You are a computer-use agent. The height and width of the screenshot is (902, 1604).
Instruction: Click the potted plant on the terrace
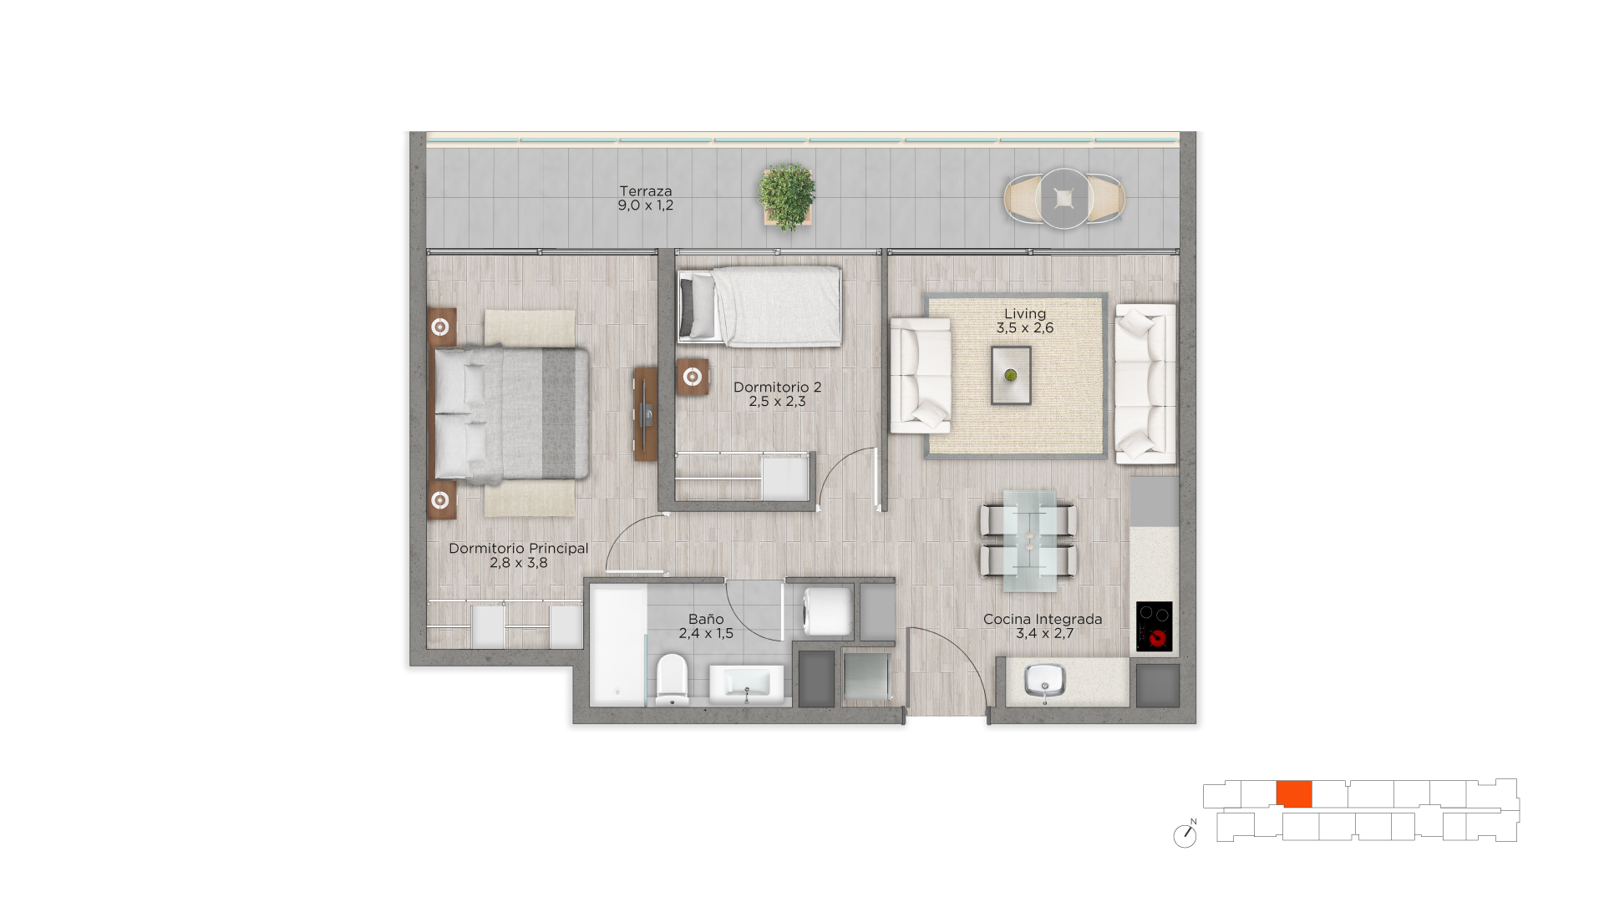click(x=787, y=196)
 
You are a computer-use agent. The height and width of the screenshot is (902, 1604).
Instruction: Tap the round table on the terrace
click(x=1064, y=199)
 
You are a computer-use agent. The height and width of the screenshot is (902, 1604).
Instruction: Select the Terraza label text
click(x=646, y=191)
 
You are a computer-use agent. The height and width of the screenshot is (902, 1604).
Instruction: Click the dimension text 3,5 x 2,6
click(x=1025, y=328)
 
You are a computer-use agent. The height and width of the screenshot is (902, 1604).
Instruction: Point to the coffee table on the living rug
click(x=1011, y=376)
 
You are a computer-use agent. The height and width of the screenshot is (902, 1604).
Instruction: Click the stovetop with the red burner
click(x=1155, y=626)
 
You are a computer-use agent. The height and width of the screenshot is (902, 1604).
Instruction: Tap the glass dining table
click(x=1028, y=541)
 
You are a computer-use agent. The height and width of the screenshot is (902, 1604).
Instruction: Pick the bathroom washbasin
click(x=747, y=685)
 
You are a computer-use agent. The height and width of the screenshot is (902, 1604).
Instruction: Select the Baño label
click(x=706, y=619)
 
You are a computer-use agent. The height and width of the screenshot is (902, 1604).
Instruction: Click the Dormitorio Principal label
click(x=519, y=549)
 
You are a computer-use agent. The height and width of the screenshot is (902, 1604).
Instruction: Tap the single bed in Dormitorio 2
click(x=759, y=306)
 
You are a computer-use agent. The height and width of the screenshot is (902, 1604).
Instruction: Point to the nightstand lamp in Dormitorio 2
click(x=692, y=377)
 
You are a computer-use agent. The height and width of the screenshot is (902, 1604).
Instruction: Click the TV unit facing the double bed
click(x=645, y=414)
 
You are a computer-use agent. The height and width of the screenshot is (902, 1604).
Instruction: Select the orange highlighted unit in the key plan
click(x=1294, y=794)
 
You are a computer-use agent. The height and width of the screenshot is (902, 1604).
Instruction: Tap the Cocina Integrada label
click(x=1043, y=620)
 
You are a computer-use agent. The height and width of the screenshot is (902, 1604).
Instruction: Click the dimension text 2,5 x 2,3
click(x=777, y=402)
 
